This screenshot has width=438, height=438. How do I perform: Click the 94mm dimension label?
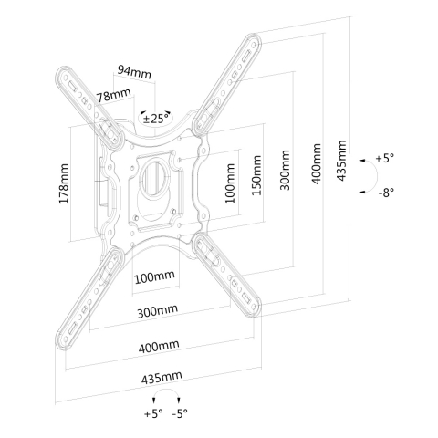(x=134, y=72)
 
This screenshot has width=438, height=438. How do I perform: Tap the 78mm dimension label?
(x=114, y=95)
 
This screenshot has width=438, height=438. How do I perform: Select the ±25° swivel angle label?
(x=155, y=118)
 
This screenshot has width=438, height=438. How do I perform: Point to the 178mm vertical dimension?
(x=64, y=183)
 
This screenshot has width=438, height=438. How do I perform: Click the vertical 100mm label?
(x=230, y=183)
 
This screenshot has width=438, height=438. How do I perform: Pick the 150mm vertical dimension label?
(x=256, y=175)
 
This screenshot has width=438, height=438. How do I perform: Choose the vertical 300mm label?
(x=285, y=170)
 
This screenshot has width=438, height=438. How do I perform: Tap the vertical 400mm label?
(x=317, y=164)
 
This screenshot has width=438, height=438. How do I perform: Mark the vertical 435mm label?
(x=341, y=161)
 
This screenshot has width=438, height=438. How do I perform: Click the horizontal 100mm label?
(x=154, y=276)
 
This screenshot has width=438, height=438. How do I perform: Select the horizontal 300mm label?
(x=157, y=310)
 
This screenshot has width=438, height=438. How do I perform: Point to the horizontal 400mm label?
(x=159, y=347)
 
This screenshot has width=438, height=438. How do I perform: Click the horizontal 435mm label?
(x=162, y=377)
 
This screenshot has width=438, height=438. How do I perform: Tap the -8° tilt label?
(x=386, y=193)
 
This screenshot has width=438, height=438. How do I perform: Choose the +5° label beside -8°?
(x=385, y=158)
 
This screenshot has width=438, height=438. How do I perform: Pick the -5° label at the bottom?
(x=180, y=413)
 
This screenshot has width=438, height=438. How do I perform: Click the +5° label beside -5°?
(x=153, y=413)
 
